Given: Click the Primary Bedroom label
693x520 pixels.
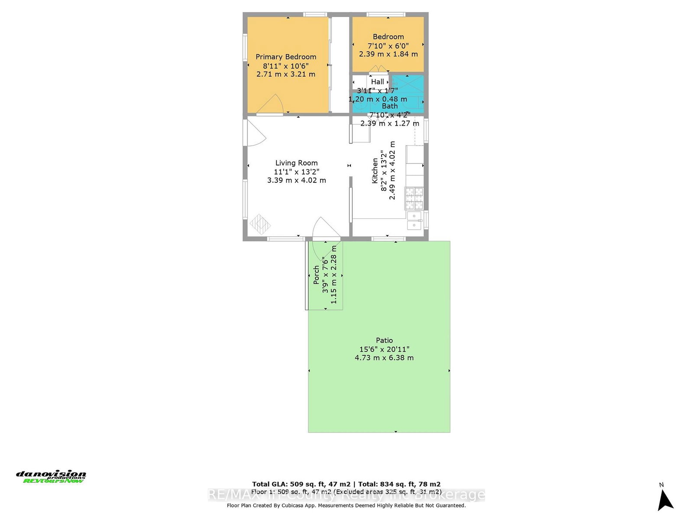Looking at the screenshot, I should point(286,57).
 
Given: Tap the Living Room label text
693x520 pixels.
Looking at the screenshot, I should point(296,163).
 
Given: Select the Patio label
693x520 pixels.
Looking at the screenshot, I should point(384,341).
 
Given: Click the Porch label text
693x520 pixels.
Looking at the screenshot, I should point(317,275).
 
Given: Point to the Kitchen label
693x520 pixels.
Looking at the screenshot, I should point(375,170).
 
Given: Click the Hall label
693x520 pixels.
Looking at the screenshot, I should point(377,81).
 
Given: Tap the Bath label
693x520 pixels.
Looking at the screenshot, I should point(389,106).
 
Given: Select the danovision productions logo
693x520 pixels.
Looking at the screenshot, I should point(51,477).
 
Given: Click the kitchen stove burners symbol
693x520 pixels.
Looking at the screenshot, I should point(414,198).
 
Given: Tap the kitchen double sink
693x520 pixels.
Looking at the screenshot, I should point(415,220).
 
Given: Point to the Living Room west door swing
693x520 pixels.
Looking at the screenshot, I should point(256,133).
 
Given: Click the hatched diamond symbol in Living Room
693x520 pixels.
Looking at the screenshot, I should point(260,224).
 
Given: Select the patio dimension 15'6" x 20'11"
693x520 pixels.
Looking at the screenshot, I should point(384,349).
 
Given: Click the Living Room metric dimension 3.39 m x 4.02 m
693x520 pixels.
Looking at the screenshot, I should point(296,180).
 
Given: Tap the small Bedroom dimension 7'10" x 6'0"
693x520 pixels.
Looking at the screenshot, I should point(388,45).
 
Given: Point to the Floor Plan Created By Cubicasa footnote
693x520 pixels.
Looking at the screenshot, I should point(346,505).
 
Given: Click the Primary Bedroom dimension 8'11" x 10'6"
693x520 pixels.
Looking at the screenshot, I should point(286,66).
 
